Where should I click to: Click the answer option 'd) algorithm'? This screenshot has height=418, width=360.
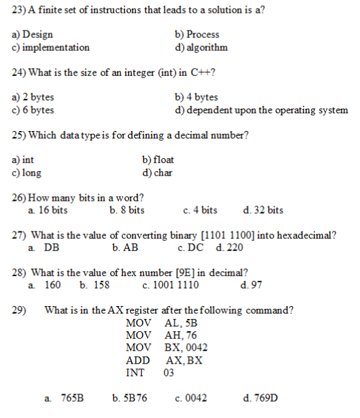pos(201,47)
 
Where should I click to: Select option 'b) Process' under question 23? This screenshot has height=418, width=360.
pos(197,34)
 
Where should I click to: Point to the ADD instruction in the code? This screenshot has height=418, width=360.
pos(138,360)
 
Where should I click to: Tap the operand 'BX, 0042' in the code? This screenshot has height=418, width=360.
pos(186,347)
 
